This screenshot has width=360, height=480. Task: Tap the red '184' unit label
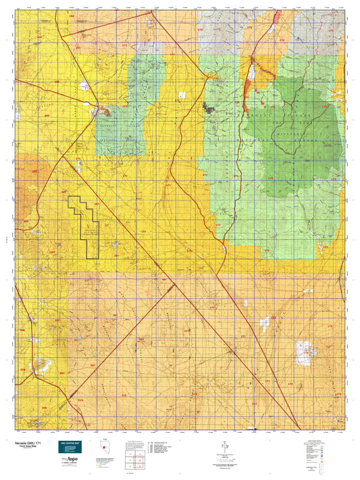(x=72, y=14)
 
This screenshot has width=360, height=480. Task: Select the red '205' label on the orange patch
(x=34, y=171)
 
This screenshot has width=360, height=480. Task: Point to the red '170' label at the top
(x=199, y=30)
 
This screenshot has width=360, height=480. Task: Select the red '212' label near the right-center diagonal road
(x=187, y=330)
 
